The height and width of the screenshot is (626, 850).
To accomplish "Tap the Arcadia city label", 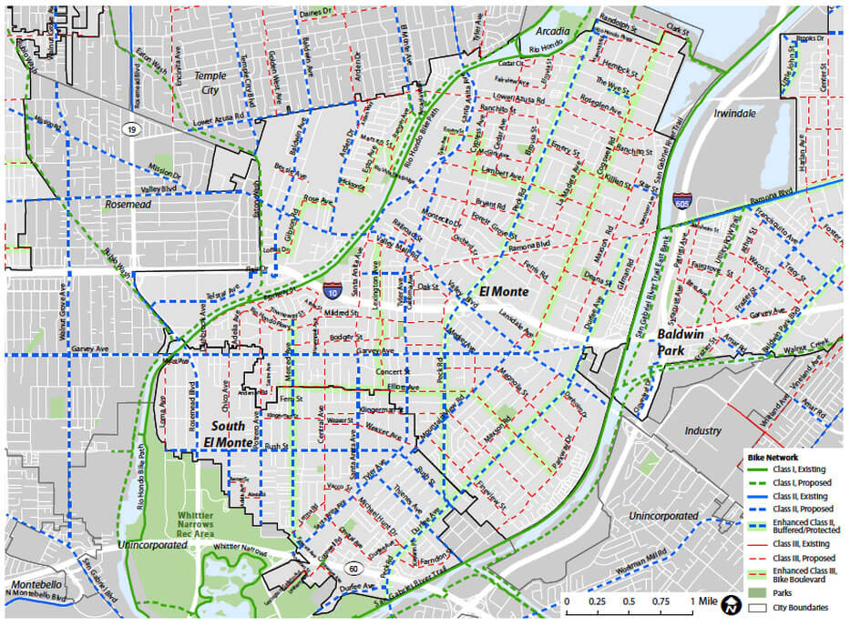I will (553, 31).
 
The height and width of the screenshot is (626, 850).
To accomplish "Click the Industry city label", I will (702, 430).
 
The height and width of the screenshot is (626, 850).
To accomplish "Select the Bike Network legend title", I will (773, 457).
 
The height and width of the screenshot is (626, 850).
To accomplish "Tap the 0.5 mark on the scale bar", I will (629, 602).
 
